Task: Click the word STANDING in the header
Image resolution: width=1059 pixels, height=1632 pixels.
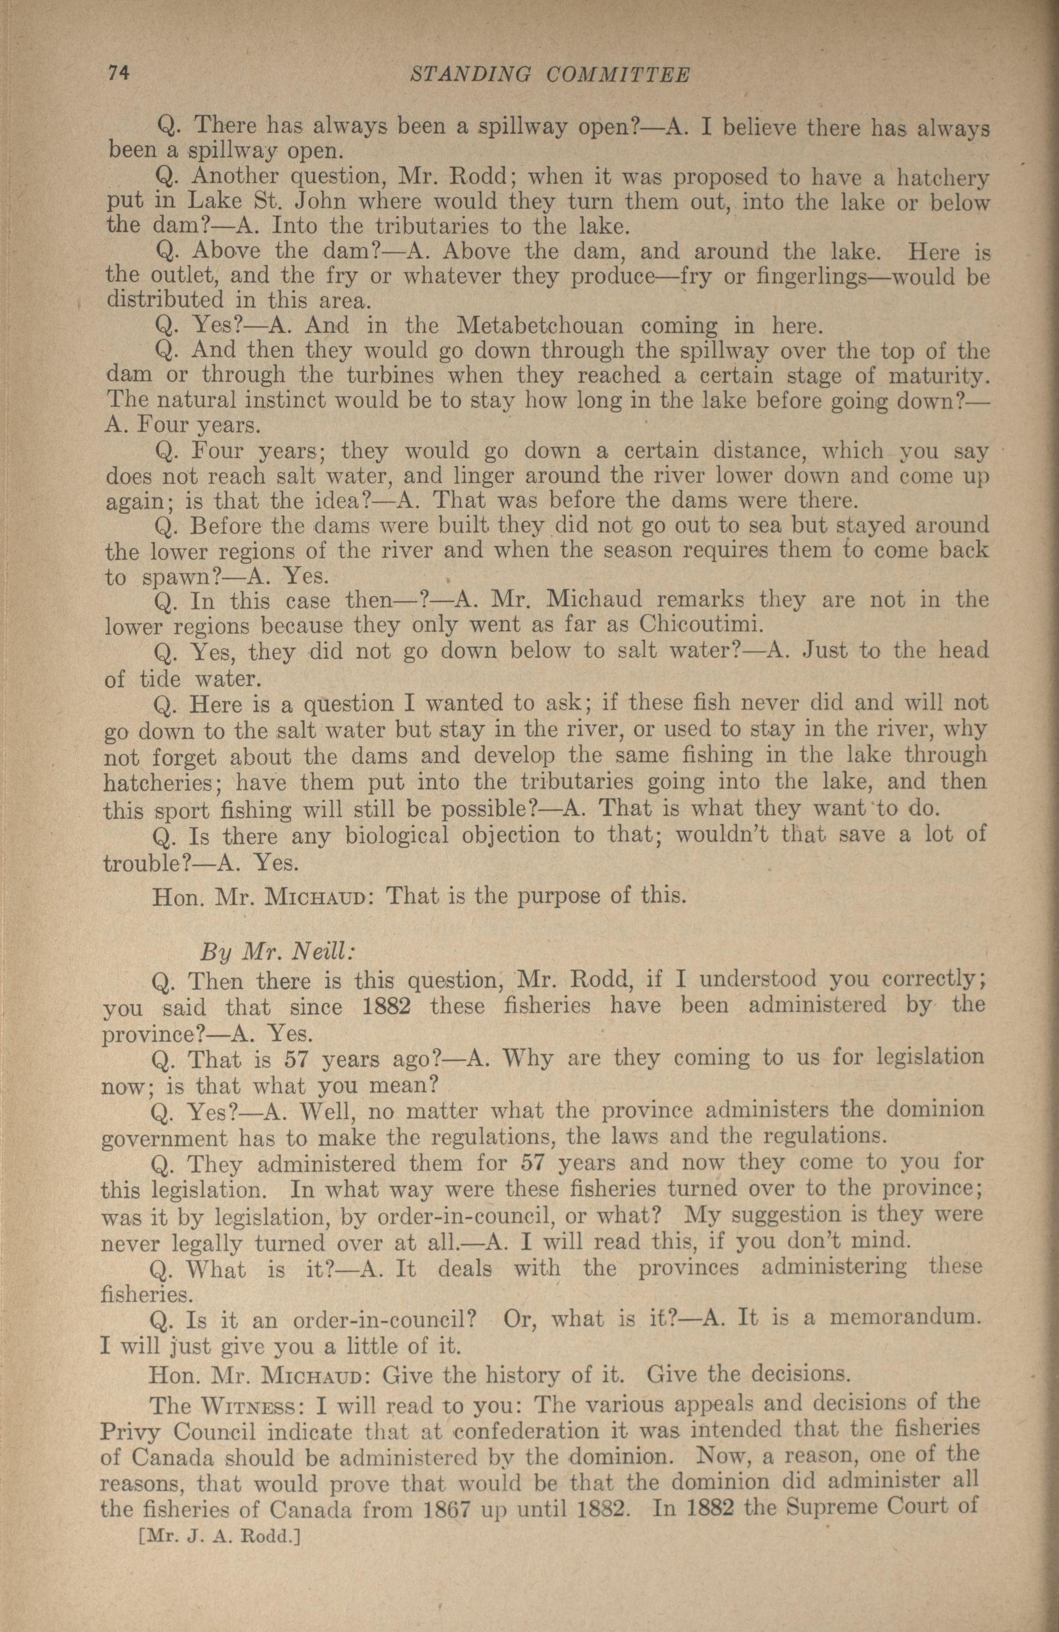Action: click(x=470, y=75)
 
